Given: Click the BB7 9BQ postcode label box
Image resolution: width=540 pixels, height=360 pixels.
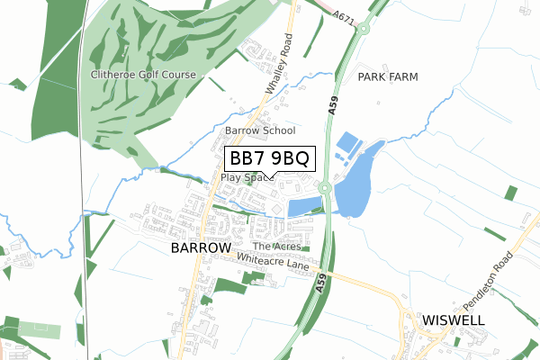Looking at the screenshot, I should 270,158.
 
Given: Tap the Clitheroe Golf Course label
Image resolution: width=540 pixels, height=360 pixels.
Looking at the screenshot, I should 142,74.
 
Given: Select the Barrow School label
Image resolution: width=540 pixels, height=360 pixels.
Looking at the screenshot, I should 260,131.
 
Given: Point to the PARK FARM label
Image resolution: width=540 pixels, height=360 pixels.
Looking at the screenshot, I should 388,77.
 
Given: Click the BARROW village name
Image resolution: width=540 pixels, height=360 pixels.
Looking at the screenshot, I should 201,247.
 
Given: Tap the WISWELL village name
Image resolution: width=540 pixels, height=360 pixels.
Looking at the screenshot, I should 454,320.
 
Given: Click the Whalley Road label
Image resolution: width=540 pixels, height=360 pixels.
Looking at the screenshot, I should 280,65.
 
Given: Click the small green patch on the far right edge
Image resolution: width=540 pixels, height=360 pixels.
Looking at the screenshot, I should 511,193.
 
